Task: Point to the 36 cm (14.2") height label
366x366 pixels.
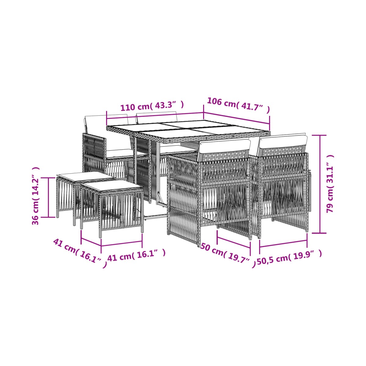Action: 35,196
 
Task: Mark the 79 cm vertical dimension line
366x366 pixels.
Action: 320,184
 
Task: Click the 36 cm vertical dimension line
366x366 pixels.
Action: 48,197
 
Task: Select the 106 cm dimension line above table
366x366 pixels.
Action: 236,118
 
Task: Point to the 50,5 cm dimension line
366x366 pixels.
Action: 283,244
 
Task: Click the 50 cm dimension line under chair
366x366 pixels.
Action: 234,242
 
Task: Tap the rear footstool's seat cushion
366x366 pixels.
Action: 85,176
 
